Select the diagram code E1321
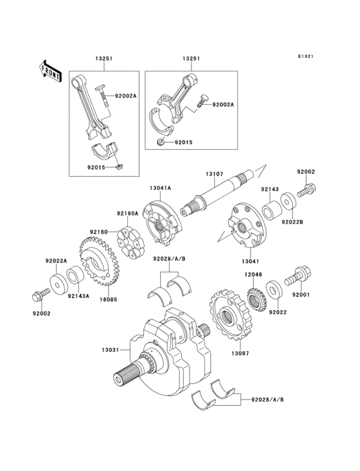[305, 56]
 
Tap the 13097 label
[240, 353]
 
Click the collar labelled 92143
[271, 210]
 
